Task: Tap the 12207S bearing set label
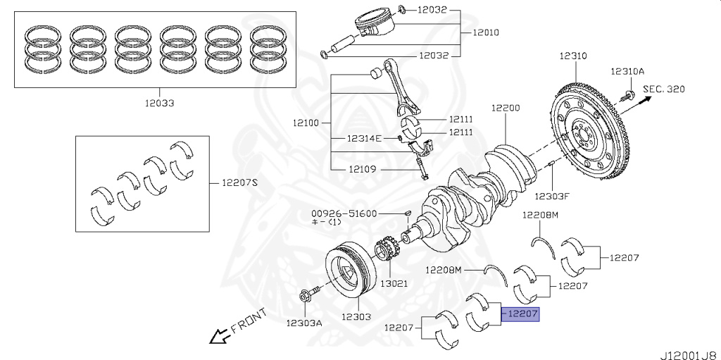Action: [x=240, y=182]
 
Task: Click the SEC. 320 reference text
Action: [x=665, y=89]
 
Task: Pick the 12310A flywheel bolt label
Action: [x=627, y=71]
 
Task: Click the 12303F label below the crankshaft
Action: [x=551, y=196]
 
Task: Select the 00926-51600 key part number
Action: [x=344, y=213]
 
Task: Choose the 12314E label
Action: [x=364, y=138]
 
